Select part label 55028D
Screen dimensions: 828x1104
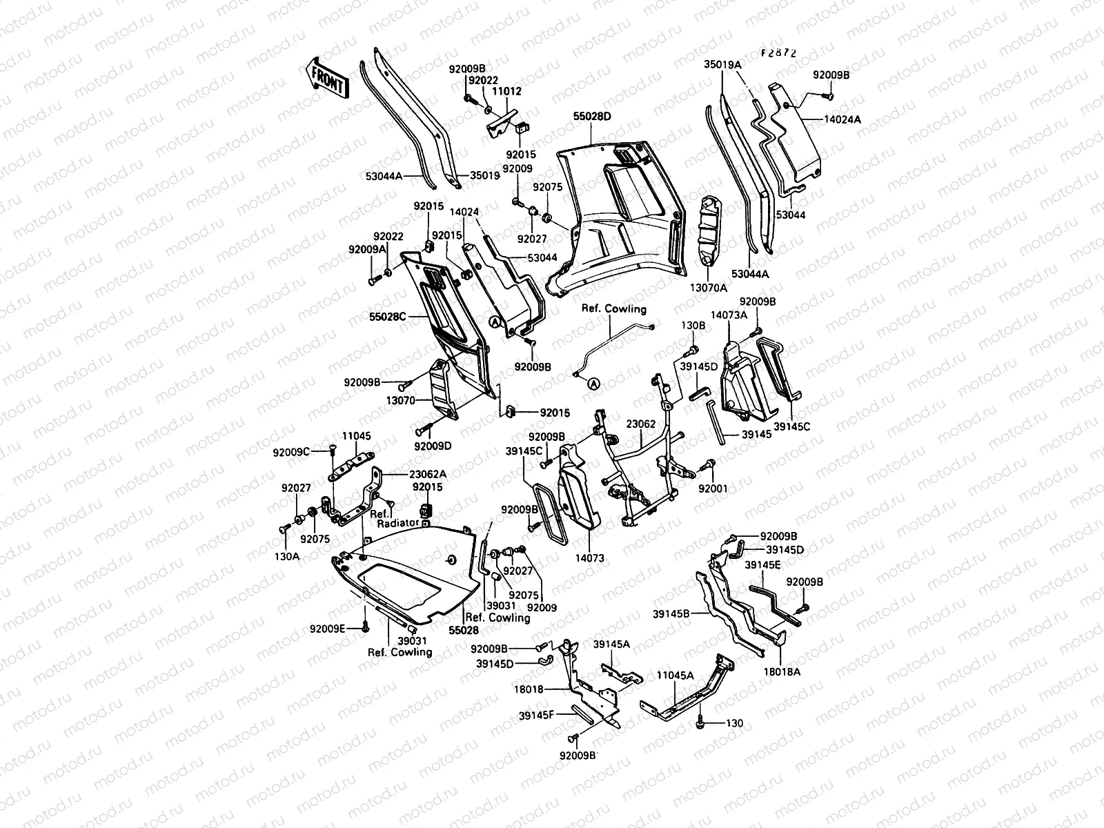click(592, 117)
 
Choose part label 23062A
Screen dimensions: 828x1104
click(408, 474)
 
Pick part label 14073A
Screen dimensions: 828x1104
click(729, 314)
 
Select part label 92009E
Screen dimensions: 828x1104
click(326, 629)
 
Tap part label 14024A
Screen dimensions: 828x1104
click(842, 119)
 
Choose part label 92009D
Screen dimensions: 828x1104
click(433, 446)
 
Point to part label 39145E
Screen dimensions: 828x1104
click(762, 564)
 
